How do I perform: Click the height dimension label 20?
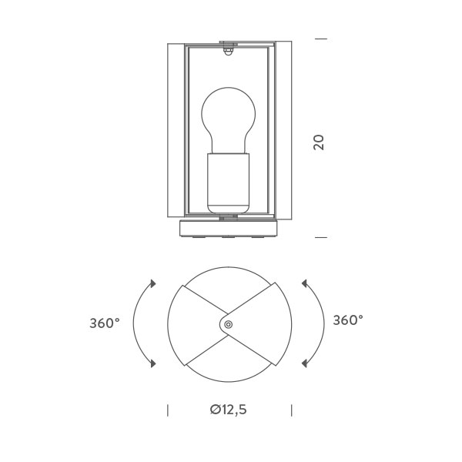tap(319, 142)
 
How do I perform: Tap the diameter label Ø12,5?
tap(229, 410)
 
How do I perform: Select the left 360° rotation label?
tap(105, 323)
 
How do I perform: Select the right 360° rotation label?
tap(348, 320)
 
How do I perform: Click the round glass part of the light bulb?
tap(229, 118)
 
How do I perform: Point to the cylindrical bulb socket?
tap(229, 183)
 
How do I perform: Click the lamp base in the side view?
tap(229, 229)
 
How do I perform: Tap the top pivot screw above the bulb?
tap(228, 49)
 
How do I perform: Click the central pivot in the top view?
tap(228, 325)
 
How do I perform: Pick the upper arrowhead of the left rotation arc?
tap(152, 283)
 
